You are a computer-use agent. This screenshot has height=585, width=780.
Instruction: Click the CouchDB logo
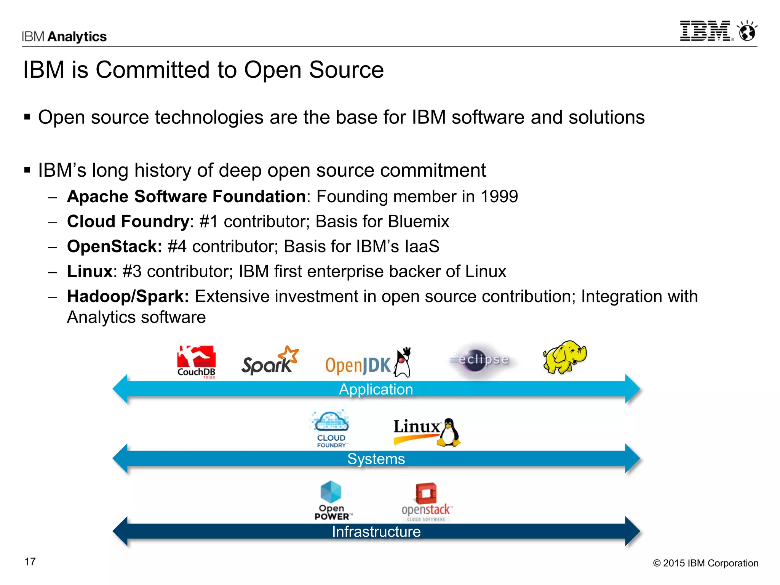coord(196,361)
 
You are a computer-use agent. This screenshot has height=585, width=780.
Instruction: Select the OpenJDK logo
coord(368,363)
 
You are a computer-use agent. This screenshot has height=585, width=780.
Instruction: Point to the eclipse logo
coord(483,360)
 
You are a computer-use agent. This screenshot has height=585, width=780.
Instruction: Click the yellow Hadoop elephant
coord(564,357)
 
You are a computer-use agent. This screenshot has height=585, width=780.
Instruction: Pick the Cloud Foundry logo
coord(330,429)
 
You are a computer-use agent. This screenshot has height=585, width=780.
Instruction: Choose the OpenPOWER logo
coord(332,500)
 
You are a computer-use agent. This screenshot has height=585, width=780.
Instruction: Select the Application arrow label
coord(376,389)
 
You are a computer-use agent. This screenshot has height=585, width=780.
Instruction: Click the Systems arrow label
coord(376,459)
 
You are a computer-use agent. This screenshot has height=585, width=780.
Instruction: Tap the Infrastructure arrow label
coord(376,532)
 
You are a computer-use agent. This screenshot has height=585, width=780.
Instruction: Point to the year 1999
coord(499,197)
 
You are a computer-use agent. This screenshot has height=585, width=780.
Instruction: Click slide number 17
coord(30,561)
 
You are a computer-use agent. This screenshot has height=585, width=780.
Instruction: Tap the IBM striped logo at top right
coord(706,31)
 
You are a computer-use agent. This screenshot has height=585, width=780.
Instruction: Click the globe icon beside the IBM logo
coord(747,32)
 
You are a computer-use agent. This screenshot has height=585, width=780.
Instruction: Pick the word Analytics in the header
coord(77,37)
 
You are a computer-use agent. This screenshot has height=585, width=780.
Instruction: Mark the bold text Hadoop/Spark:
coord(128,296)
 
